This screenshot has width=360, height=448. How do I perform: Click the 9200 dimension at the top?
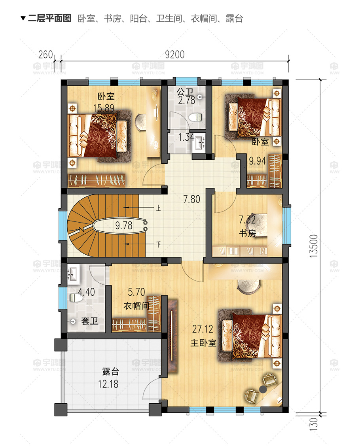(x=175, y=54)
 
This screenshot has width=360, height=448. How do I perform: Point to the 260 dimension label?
(x=45, y=54)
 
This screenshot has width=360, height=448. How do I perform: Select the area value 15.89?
(x=104, y=108)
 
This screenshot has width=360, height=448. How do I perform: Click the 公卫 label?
(x=185, y=92)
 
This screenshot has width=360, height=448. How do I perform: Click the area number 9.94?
(x=258, y=161)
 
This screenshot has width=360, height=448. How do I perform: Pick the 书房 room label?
(x=248, y=233)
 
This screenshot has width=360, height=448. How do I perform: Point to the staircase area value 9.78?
(x=124, y=225)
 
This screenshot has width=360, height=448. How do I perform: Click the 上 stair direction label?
(x=158, y=208)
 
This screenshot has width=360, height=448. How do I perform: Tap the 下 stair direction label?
(x=158, y=244)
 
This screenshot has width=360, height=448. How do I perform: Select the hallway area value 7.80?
(x=191, y=199)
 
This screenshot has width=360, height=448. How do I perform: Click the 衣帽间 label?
(x=136, y=306)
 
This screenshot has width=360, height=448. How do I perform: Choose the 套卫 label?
(x=90, y=321)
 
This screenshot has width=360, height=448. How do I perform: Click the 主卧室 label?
(x=203, y=342)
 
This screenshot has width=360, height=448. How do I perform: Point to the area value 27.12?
(x=203, y=329)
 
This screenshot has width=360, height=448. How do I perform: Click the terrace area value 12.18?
(x=108, y=384)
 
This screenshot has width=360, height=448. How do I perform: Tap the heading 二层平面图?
(x=50, y=19)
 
